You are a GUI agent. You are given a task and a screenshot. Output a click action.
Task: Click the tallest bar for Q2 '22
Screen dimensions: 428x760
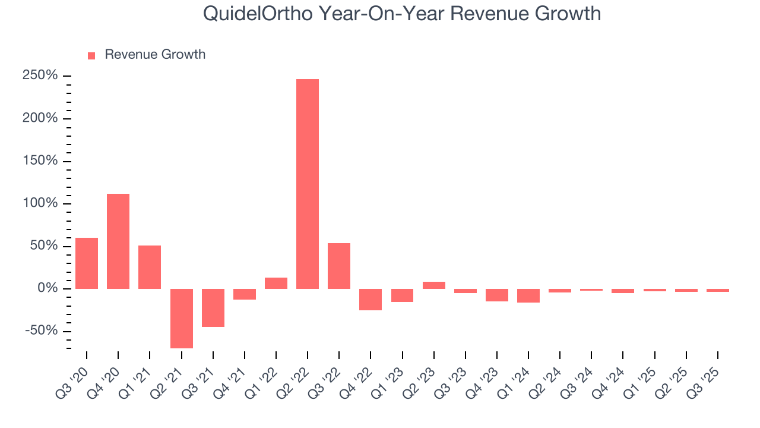pos(308,184)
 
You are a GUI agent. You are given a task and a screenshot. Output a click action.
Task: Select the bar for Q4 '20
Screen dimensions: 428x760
pos(118,241)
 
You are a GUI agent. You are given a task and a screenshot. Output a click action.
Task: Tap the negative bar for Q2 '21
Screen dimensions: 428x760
pos(181,318)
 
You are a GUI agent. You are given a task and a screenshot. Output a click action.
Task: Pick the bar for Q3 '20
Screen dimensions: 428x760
pos(87,263)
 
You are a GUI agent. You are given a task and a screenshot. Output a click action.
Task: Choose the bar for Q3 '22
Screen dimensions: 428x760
pos(339,266)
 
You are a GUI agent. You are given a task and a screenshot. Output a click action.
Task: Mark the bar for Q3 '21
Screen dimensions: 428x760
pos(213,307)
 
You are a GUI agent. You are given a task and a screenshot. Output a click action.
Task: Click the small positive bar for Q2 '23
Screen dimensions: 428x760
pos(433,285)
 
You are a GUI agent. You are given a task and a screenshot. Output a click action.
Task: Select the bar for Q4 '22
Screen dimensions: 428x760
pos(370,299)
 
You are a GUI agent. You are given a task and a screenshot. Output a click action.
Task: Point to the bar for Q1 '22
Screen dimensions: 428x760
pos(276,283)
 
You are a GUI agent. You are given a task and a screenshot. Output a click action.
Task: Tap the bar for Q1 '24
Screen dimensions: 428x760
pos(528,295)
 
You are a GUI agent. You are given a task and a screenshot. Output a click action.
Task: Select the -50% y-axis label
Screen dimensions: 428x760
pos(43,331)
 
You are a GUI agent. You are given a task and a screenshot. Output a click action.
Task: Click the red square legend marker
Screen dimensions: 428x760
pos(91,55)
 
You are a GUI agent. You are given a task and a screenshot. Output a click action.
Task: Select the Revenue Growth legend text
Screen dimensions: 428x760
pos(155,55)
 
